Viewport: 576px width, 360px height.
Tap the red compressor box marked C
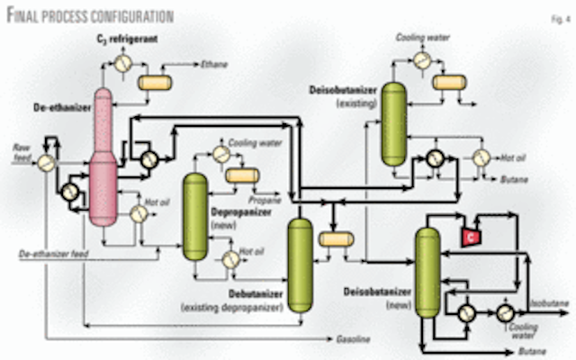pos(468,235)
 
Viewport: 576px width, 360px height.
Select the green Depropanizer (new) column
pos(194,216)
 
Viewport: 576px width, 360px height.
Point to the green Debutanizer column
pos(299,261)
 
